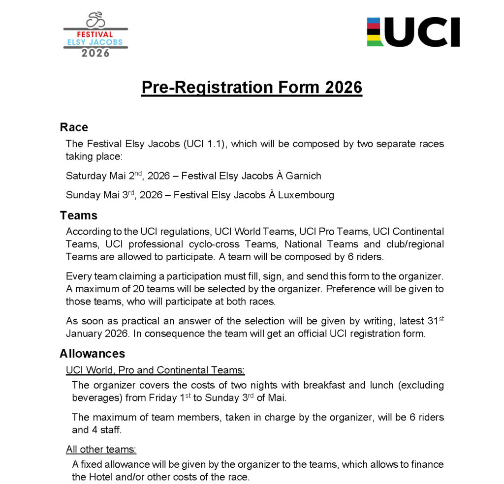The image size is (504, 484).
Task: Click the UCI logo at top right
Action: [x=413, y=32]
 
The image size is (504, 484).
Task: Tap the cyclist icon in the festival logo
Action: [x=95, y=20]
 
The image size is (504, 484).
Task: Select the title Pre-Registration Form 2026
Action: [x=252, y=87]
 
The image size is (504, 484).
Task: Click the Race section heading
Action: [x=74, y=127]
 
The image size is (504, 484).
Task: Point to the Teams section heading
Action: [x=79, y=215]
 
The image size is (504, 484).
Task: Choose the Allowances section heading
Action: [x=92, y=354]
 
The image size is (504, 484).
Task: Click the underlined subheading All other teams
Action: [x=101, y=449]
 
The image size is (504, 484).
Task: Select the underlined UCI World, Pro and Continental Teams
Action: [x=155, y=370]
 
